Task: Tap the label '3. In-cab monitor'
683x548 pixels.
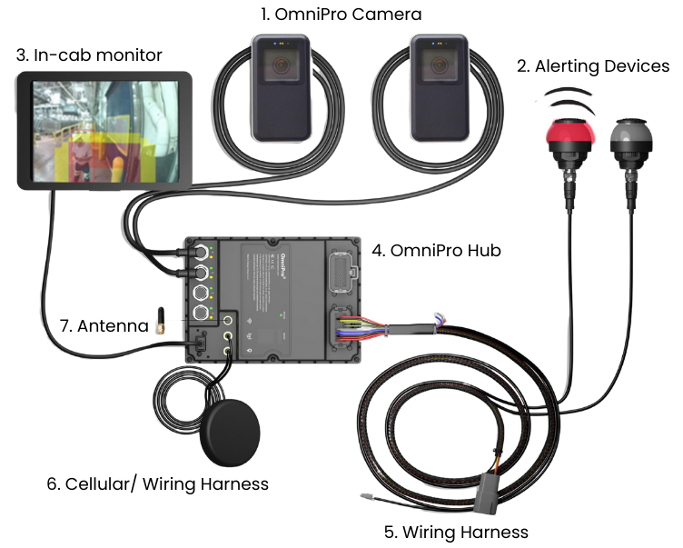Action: pyautogui.click(x=89, y=55)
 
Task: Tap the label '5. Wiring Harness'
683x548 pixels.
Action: pyautogui.click(x=458, y=532)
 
